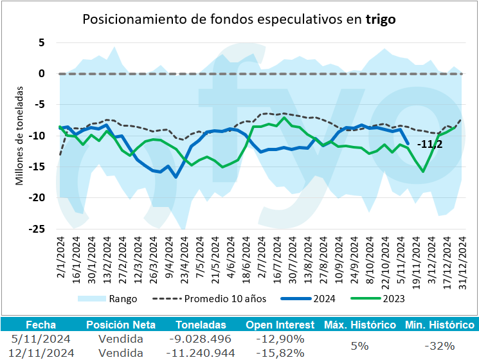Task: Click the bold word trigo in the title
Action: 380,19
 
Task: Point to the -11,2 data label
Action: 429,144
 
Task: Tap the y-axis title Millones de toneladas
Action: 20,136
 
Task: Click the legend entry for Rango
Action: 123,298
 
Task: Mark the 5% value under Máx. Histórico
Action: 360,346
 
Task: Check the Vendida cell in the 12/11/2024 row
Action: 122,352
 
